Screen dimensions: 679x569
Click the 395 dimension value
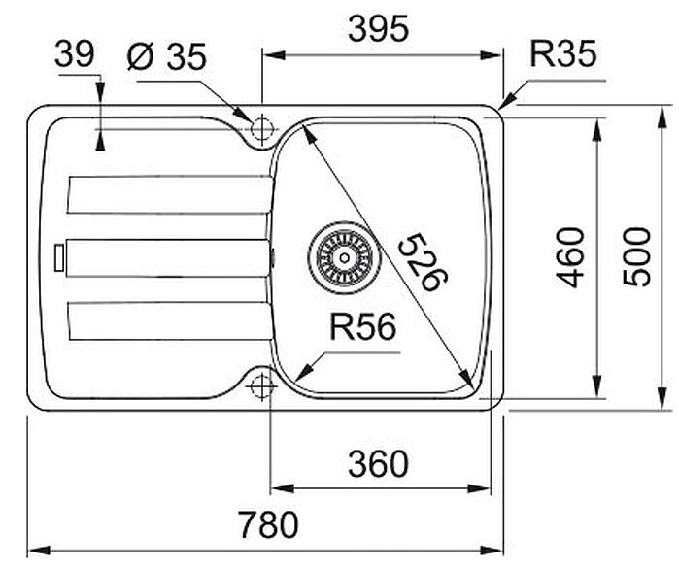click(x=379, y=29)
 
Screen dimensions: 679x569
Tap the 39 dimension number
click(x=75, y=54)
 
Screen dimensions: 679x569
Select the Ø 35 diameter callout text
click(x=167, y=56)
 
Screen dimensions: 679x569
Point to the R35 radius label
click(x=563, y=54)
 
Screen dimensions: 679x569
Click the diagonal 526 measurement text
click(x=423, y=262)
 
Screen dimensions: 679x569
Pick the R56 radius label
click(x=363, y=327)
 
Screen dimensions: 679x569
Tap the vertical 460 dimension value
click(x=570, y=258)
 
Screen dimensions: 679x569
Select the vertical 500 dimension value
click(x=636, y=257)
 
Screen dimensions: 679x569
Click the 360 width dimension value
click(x=378, y=464)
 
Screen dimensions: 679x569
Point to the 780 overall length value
click(x=268, y=524)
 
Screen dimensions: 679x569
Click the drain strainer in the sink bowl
click(x=344, y=258)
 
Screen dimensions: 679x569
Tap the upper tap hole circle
click(x=261, y=128)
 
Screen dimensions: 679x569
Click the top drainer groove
click(x=170, y=194)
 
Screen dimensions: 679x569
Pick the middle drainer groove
click(x=168, y=258)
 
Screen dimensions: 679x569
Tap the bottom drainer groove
click(x=169, y=321)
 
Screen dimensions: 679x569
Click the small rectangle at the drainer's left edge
click(x=59, y=257)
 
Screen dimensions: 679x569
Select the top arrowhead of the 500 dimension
click(x=662, y=117)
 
